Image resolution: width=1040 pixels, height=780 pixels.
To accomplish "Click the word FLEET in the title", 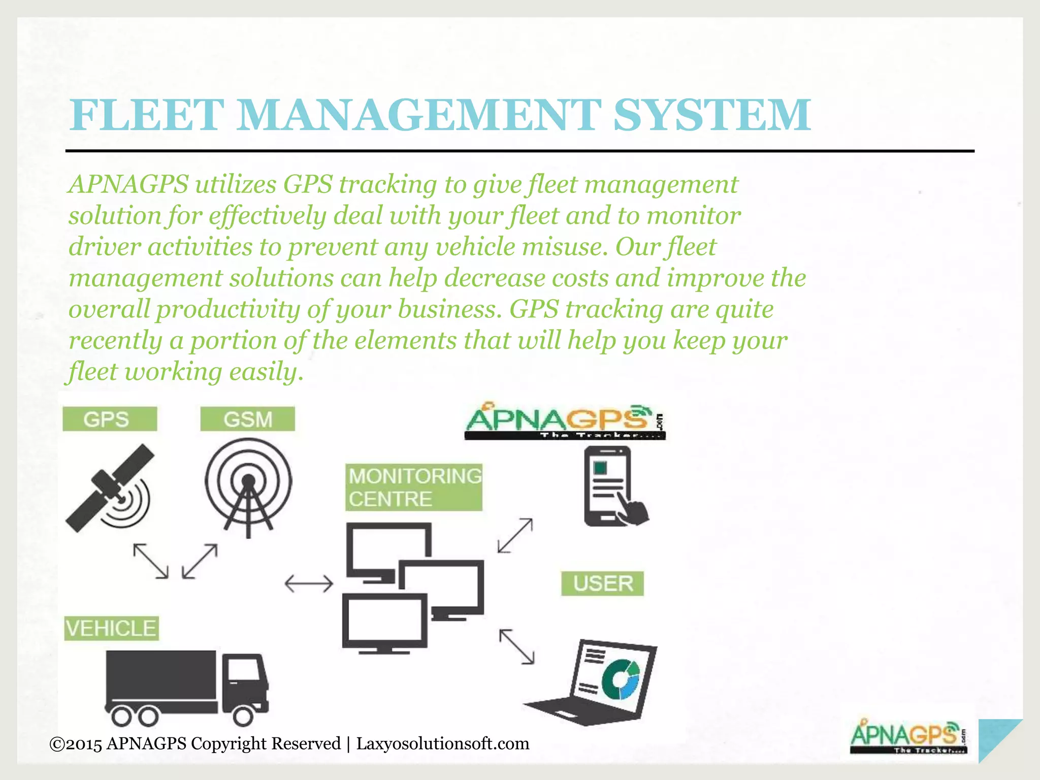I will point(147,115).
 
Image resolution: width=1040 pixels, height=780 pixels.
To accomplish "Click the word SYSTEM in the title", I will point(712,115).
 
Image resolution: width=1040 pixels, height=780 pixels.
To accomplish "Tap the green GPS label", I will point(109,419).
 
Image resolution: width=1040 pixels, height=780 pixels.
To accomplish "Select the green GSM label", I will point(247,419).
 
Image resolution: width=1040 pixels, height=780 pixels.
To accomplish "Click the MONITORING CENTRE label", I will point(413,487).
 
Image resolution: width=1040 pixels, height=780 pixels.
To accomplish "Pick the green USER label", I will point(602,583).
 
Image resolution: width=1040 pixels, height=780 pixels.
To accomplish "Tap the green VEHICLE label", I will point(111,628).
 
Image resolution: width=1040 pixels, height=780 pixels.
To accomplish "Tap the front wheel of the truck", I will point(243,716).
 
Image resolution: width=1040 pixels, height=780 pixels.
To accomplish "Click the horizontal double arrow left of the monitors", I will point(309,583).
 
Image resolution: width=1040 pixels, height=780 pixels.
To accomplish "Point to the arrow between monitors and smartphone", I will point(515,535).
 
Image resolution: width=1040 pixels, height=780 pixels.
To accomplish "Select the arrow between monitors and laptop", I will point(516,646).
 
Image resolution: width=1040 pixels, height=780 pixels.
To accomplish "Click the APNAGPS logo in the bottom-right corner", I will point(908,737).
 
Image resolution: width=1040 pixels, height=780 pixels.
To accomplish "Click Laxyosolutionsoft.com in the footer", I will point(442,743).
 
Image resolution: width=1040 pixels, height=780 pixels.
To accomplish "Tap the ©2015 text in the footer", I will point(76,744).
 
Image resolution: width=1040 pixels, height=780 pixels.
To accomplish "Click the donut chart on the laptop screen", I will point(620,679).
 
